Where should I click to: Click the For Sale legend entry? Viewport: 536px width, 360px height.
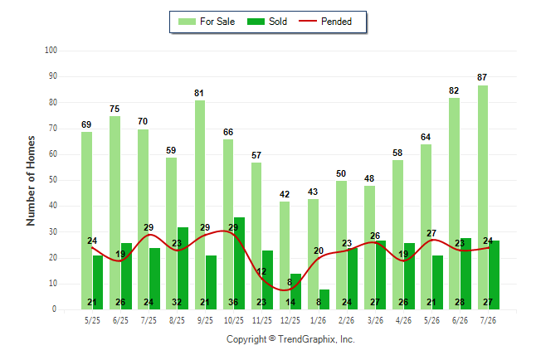pyautogui.click(x=207, y=22)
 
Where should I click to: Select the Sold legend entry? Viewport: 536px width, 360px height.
pyautogui.click(x=267, y=22)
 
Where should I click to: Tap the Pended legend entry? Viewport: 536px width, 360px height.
pyautogui.click(x=325, y=22)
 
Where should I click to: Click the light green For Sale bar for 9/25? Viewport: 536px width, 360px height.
pyautogui.click(x=200, y=205)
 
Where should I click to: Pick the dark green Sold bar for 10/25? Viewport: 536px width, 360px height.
pyautogui.click(x=239, y=263)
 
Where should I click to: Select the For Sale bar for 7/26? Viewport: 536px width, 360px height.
pyautogui.click(x=483, y=197)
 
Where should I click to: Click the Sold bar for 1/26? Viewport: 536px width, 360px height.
pyautogui.click(x=324, y=299)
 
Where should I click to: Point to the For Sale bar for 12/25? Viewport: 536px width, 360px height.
pyautogui.click(x=285, y=255)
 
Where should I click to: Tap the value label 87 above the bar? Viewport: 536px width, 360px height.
pyautogui.click(x=482, y=77)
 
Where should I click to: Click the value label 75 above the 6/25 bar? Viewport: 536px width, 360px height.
pyautogui.click(x=115, y=109)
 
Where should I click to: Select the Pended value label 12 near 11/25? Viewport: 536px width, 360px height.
pyautogui.click(x=261, y=271)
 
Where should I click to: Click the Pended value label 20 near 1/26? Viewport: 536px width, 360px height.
pyautogui.click(x=319, y=251)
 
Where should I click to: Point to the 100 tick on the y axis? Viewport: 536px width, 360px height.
pyautogui.click(x=51, y=51)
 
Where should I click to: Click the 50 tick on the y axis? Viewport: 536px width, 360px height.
pyautogui.click(x=53, y=180)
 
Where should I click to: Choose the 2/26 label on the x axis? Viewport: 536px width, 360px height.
pyautogui.click(x=347, y=320)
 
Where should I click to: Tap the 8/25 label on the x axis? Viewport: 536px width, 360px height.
pyautogui.click(x=177, y=320)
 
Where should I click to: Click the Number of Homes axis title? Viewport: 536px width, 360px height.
pyautogui.click(x=31, y=181)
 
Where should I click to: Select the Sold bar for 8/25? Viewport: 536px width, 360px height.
pyautogui.click(x=183, y=269)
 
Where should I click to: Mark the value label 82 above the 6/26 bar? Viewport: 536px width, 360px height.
pyautogui.click(x=454, y=90)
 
